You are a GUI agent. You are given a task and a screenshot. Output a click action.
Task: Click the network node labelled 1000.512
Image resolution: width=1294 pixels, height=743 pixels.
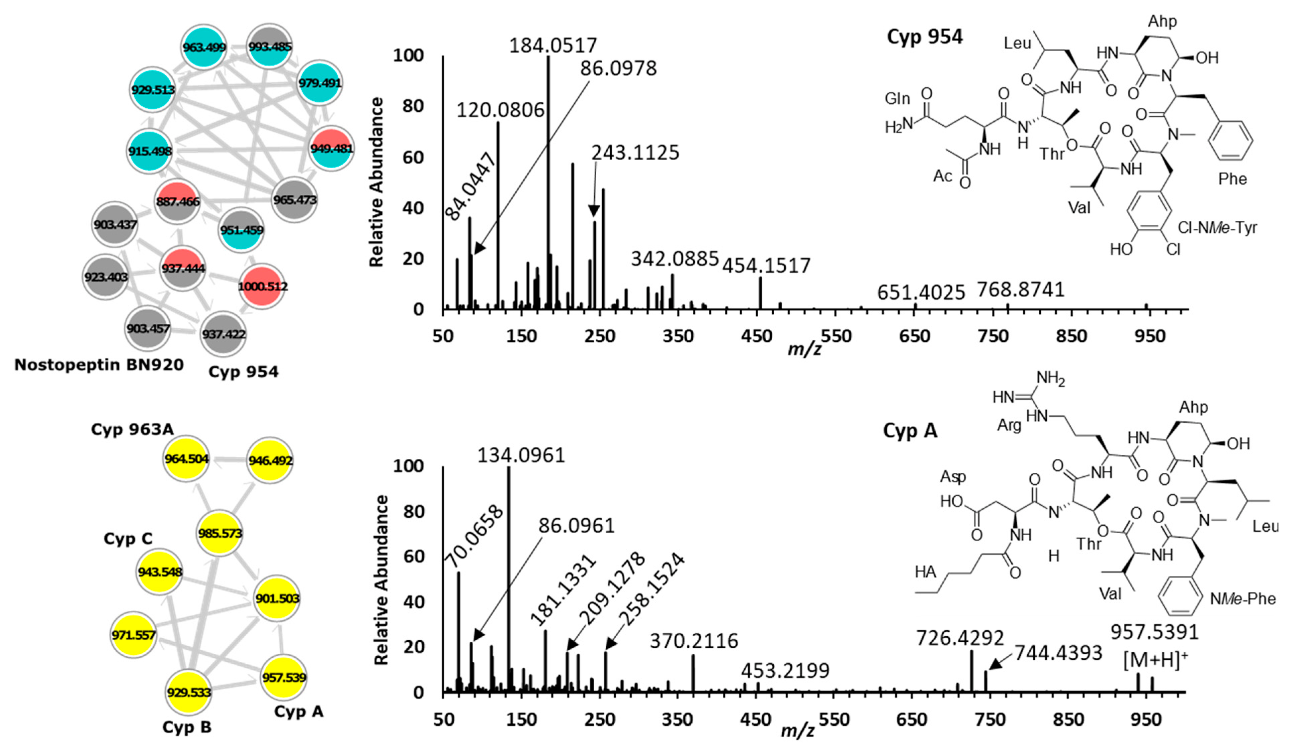(x=262, y=286)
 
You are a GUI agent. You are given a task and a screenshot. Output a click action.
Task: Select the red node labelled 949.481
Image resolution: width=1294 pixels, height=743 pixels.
(x=331, y=148)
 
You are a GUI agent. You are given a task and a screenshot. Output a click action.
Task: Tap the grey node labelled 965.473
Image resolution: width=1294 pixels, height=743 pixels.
(x=295, y=200)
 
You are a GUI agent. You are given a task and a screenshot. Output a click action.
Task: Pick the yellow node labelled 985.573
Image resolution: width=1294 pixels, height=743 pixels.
(x=220, y=533)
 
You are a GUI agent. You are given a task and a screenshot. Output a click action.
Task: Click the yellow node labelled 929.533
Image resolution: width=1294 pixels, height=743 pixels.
(x=188, y=692)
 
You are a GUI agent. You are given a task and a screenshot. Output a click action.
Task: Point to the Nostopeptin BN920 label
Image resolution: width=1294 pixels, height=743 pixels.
(x=99, y=365)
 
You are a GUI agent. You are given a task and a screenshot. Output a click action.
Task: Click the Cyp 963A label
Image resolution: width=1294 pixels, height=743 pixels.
(x=132, y=430)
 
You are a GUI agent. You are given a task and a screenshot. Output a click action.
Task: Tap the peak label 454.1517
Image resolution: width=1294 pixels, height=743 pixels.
(x=766, y=266)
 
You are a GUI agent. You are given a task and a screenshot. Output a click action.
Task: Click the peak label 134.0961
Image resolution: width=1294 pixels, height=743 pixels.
(x=521, y=455)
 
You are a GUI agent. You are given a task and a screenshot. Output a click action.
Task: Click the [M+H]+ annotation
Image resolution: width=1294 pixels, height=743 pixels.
(x=1155, y=661)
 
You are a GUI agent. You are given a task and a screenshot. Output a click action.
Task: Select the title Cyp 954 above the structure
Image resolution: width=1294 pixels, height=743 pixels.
(x=924, y=37)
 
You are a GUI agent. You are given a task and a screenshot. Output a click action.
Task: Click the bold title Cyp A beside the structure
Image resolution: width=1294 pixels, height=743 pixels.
(x=910, y=431)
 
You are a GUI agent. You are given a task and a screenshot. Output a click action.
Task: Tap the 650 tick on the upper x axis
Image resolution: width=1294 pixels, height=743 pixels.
(x=914, y=336)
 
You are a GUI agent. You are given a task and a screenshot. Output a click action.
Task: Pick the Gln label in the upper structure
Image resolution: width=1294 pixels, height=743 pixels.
(x=897, y=98)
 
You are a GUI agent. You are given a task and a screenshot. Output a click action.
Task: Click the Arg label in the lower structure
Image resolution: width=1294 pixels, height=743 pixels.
(x=1009, y=425)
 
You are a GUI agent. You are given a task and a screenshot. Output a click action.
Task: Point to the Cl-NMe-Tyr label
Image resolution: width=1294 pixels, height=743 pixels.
(x=1217, y=228)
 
